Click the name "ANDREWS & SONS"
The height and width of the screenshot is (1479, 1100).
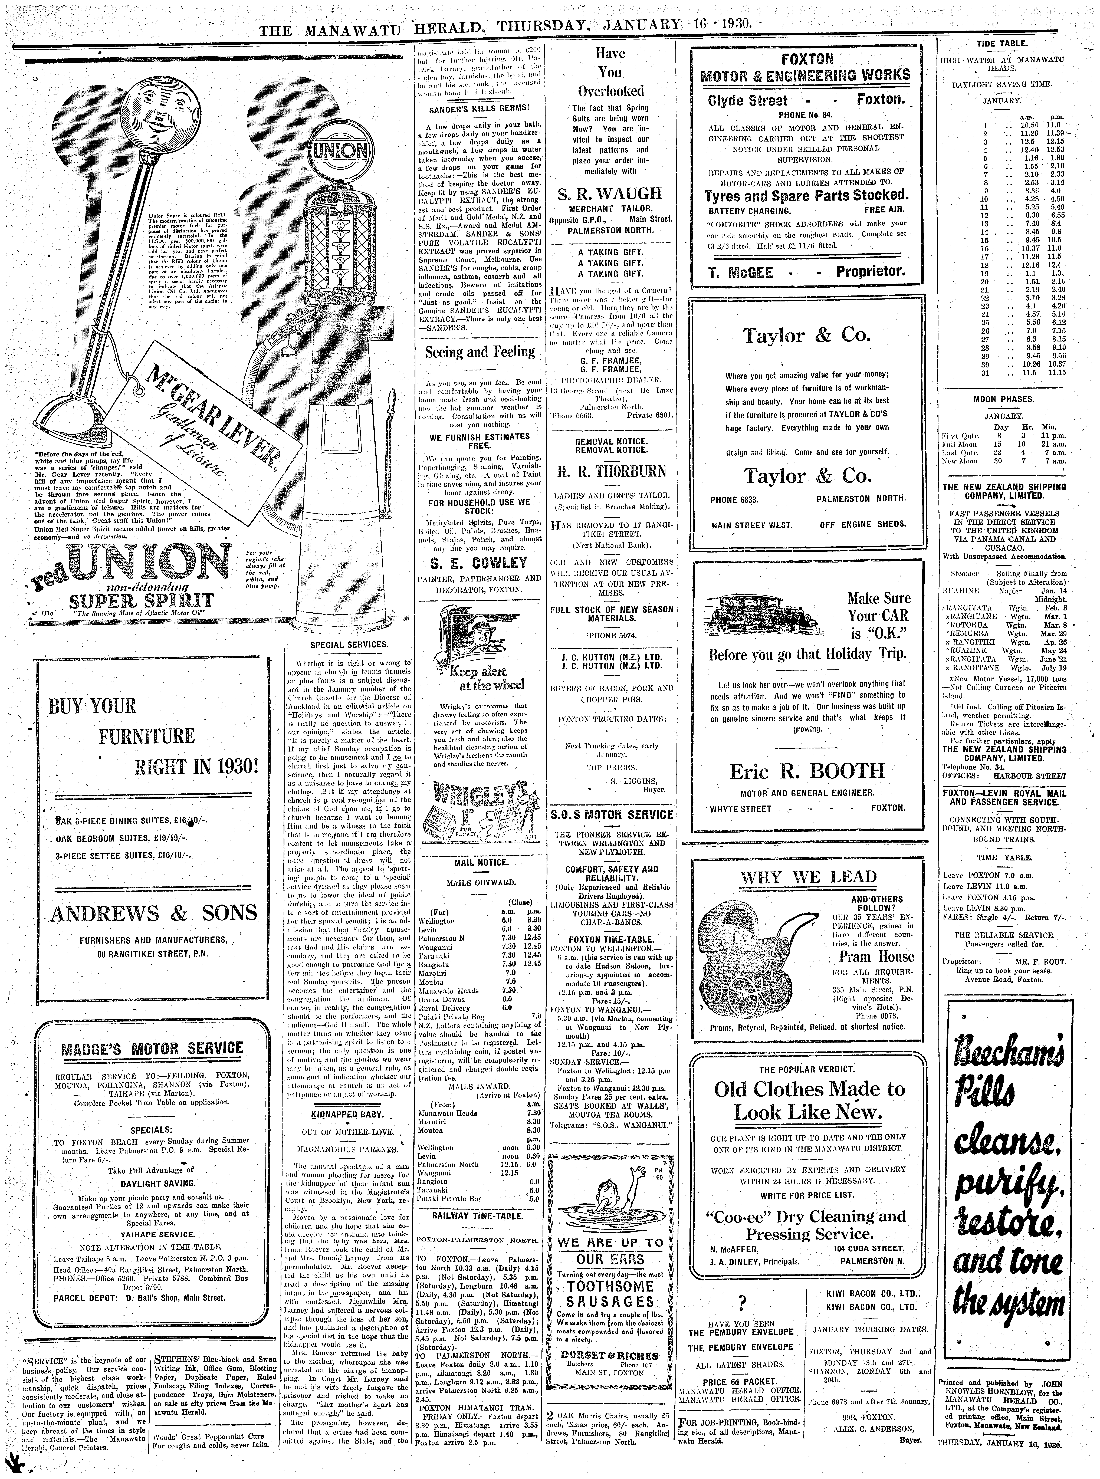pyautogui.click(x=154, y=913)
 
